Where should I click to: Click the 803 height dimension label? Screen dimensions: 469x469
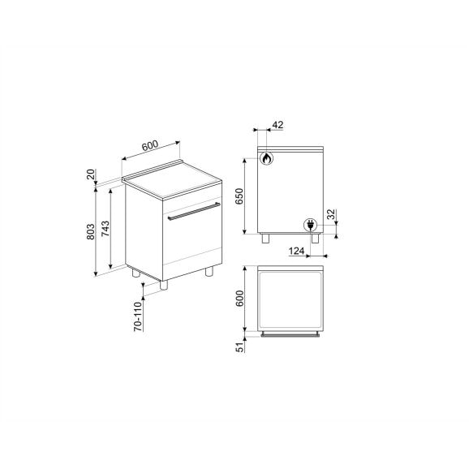click(x=91, y=231)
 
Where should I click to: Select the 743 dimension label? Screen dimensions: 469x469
click(x=105, y=229)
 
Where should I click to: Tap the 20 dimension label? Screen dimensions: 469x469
click(x=91, y=174)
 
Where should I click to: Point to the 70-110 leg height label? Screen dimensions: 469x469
click(x=138, y=316)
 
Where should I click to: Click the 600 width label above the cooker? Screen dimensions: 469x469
click(x=150, y=145)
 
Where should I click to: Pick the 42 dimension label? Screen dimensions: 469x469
click(x=278, y=125)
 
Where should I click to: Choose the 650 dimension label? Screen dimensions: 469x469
click(x=239, y=196)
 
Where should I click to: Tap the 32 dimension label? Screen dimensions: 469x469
click(x=331, y=214)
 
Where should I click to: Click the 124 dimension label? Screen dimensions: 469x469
click(x=296, y=251)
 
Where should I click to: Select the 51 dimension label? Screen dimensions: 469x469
click(x=240, y=347)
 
